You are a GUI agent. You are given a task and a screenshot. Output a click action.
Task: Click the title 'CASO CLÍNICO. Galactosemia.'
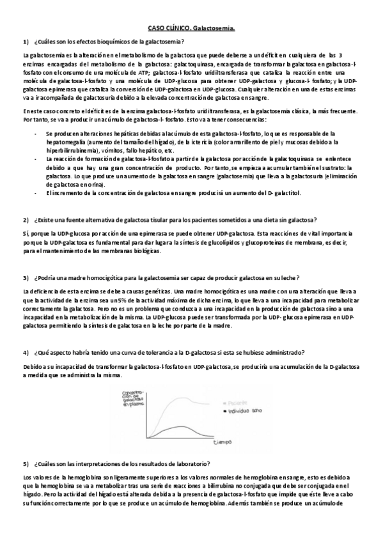pos(191,29)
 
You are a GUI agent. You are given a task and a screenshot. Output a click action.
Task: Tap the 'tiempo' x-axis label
pos(223,442)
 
